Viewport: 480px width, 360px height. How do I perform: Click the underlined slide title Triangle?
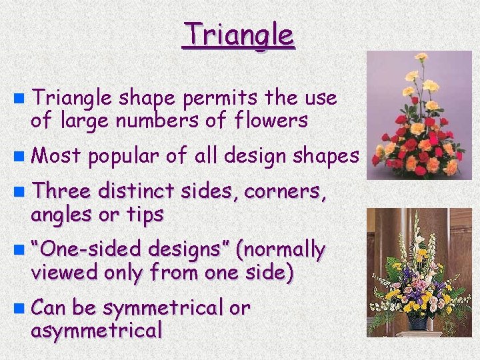238,35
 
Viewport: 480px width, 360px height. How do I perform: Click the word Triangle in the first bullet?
72,98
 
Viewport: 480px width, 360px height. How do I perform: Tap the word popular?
124,156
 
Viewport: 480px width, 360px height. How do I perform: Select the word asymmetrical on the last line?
96,330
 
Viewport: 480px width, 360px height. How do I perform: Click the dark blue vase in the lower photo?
417,322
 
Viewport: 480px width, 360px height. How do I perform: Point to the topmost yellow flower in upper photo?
421,57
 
